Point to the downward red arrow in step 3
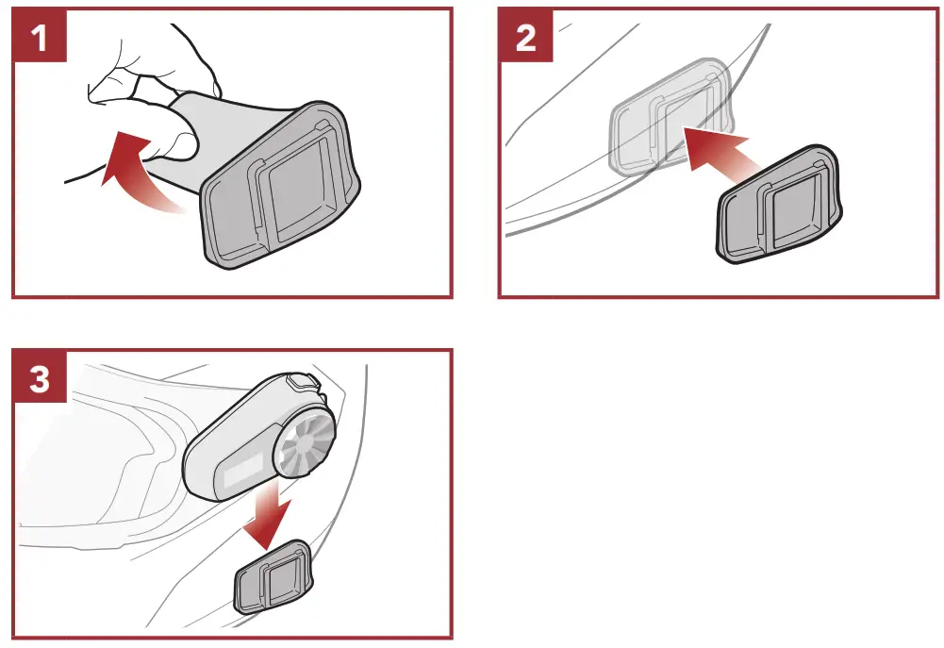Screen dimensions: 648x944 click(x=269, y=519)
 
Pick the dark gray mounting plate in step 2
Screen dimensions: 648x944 click(x=782, y=208)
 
